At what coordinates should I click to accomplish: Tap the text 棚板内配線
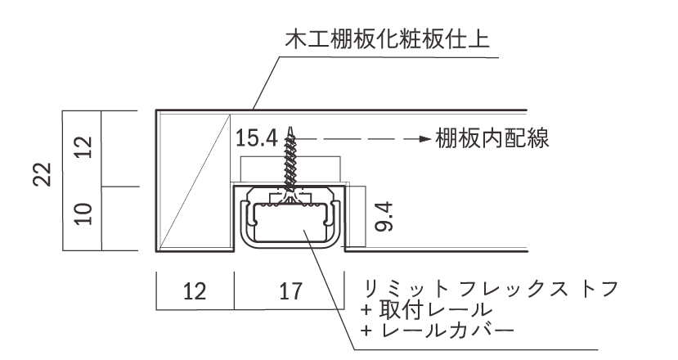pyautogui.click(x=492, y=138)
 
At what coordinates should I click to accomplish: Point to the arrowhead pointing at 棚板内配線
pyautogui.click(x=425, y=139)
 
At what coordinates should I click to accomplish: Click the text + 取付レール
pyautogui.click(x=426, y=310)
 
